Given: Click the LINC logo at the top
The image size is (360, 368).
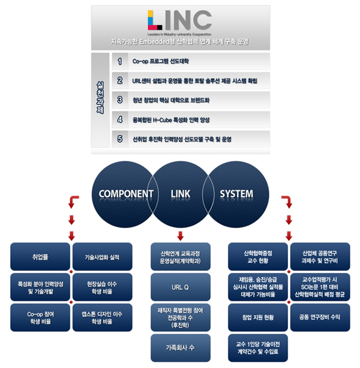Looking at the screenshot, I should pyautogui.click(x=180, y=22).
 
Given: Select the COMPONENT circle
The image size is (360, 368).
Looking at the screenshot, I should pyautogui.click(x=123, y=195).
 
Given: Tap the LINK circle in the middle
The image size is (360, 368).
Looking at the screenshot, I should pyautogui.click(x=180, y=195).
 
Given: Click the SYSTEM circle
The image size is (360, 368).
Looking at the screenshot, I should pyautogui.click(x=236, y=195).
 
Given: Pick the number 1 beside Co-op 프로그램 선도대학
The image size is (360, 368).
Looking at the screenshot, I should pyautogui.click(x=120, y=61).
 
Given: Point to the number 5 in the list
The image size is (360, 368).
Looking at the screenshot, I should pyautogui.click(x=120, y=139).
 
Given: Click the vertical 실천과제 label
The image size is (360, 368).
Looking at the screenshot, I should pyautogui.click(x=100, y=99).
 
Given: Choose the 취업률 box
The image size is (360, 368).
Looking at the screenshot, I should pyautogui.click(x=41, y=258).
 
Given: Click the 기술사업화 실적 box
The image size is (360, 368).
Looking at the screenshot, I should pyautogui.click(x=102, y=258).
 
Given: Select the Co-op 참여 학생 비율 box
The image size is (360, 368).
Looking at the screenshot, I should pyautogui.click(x=41, y=317).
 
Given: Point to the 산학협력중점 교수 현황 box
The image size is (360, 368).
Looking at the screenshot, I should pyautogui.click(x=258, y=257).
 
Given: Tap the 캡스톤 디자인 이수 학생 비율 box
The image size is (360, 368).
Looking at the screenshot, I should pyautogui.click(x=102, y=317).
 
